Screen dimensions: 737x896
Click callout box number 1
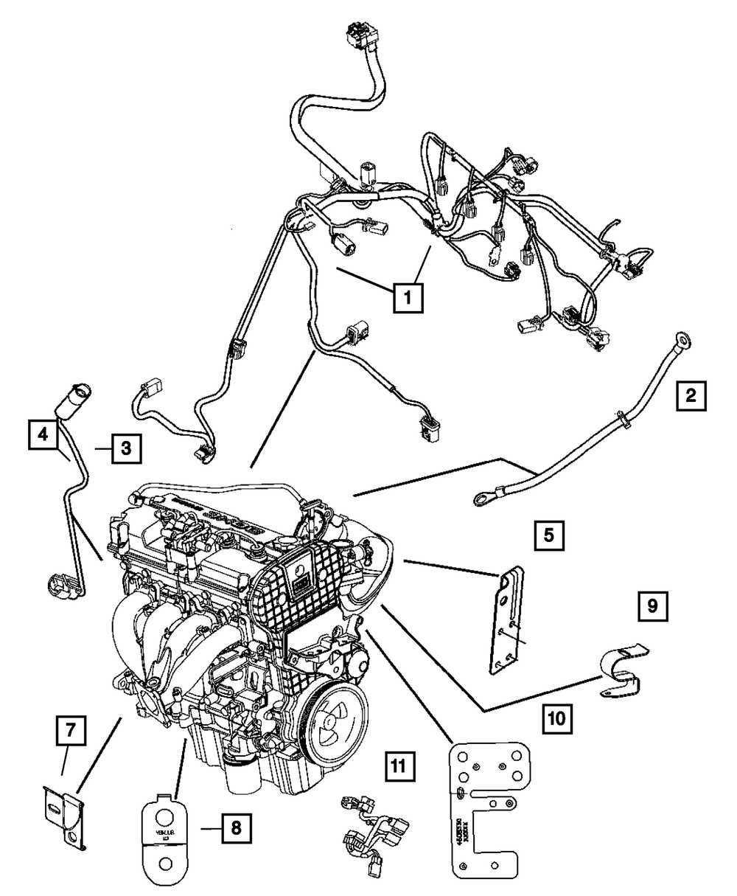coord(408,298)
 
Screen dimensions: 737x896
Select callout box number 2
coord(690,395)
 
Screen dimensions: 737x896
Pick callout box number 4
coord(43,435)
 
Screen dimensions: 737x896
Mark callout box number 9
coord(652,608)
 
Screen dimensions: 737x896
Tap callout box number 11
coord(398,767)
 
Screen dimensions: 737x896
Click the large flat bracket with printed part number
coord(483,811)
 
